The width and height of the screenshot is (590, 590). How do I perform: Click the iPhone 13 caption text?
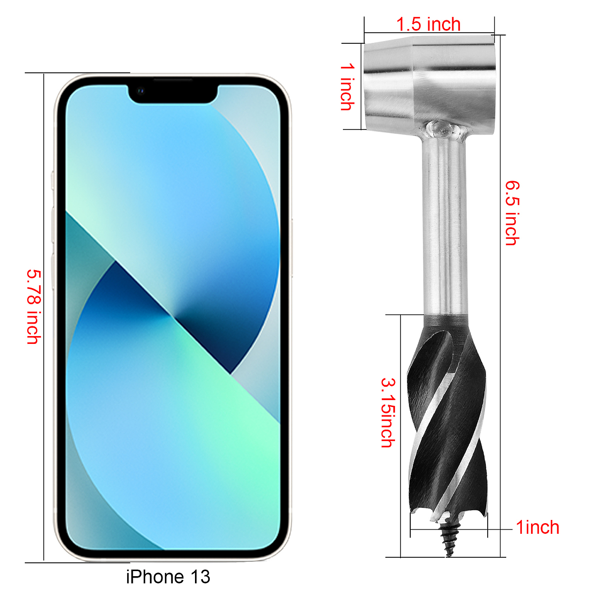pos(168,577)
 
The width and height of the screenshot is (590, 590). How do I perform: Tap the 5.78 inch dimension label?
pos(34,307)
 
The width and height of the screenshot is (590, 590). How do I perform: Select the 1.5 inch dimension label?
pos(428,24)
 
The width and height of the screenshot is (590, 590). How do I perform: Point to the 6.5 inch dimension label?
pos(512,213)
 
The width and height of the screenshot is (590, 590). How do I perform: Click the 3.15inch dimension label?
pos(388,413)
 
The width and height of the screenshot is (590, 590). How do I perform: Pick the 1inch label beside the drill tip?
pos(537,527)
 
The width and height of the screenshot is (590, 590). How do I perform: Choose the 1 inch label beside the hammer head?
pos(348,87)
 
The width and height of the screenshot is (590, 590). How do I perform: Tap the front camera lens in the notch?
pos(141,90)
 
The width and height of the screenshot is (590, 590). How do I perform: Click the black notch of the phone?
pos(173,94)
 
